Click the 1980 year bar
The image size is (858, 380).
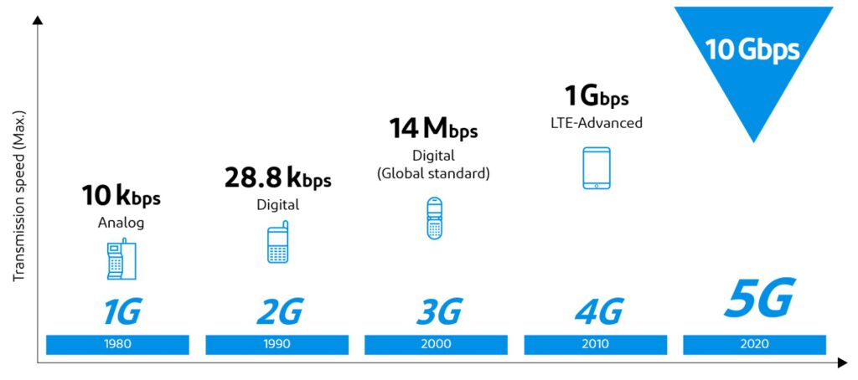[117, 344]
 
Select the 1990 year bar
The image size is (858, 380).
[277, 344]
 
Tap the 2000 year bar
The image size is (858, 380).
[436, 344]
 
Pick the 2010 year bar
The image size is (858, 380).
[595, 344]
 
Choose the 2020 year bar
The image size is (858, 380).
[754, 344]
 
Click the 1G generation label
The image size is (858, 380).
[121, 312]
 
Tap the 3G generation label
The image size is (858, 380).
[438, 312]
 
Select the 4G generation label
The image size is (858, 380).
[598, 312]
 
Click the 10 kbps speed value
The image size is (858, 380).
[121, 197]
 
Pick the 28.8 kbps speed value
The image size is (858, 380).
[277, 178]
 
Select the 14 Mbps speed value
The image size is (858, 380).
[433, 129]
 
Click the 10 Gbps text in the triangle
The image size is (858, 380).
[752, 49]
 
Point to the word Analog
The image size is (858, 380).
[121, 223]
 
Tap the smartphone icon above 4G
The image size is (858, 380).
[596, 167]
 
